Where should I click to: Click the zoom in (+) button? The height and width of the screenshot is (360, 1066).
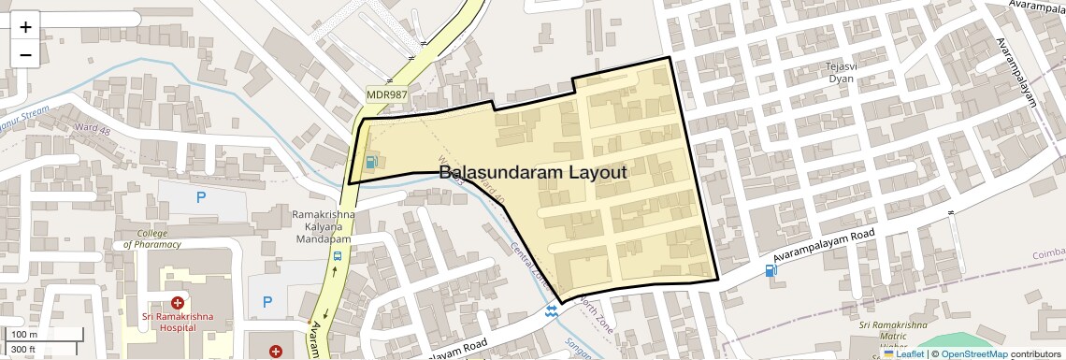click(x=25, y=27)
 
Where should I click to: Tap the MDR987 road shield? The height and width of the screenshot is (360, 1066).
click(x=387, y=95)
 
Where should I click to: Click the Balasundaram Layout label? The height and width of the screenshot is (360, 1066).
click(x=532, y=173)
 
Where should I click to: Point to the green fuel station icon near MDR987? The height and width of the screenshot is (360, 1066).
click(x=372, y=162)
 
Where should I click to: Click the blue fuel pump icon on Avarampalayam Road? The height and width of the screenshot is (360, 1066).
click(x=771, y=271)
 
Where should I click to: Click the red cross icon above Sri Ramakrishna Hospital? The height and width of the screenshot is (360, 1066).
click(x=177, y=302)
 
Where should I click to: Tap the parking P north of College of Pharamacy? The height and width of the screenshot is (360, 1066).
click(x=200, y=197)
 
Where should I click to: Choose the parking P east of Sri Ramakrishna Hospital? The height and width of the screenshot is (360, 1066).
click(x=267, y=302)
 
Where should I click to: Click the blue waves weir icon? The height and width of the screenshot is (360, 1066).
click(x=554, y=311)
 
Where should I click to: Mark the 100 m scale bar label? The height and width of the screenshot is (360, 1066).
click(x=25, y=335)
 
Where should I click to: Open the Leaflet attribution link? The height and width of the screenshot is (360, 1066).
click(x=903, y=353)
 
